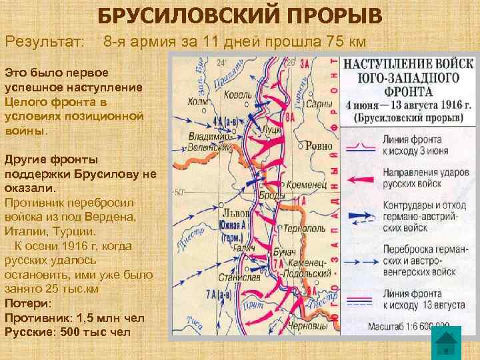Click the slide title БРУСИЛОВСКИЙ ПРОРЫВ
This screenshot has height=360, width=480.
pos(239,14)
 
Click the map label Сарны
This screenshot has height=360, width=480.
pos(320,105)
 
